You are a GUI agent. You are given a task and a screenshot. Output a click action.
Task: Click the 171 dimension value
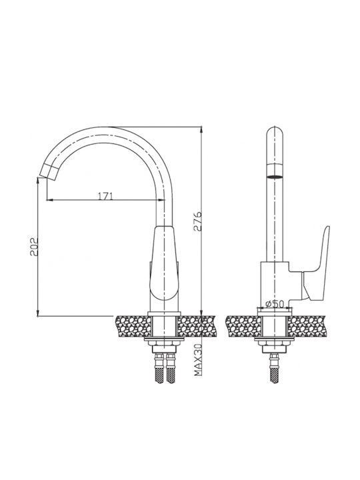tap(105, 195)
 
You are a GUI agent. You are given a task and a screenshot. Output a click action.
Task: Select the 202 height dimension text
tap(33, 247)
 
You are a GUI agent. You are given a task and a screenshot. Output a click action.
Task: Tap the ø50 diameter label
tap(274, 304)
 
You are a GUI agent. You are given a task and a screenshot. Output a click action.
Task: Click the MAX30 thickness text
tap(199, 359)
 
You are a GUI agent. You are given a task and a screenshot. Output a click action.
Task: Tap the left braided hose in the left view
tap(159, 369)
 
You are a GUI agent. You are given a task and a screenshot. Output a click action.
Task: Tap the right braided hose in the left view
tap(171, 369)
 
